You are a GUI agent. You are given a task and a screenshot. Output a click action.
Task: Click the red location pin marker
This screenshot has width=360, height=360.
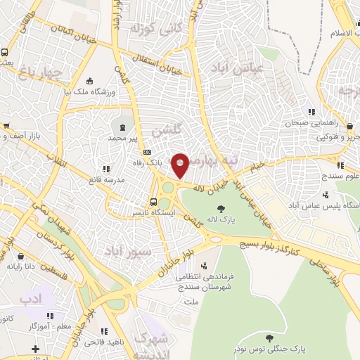[180, 166]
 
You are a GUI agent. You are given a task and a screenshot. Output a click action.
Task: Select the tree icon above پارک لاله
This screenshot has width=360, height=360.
[222, 208]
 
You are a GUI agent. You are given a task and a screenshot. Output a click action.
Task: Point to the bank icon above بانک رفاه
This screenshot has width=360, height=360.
[147, 152]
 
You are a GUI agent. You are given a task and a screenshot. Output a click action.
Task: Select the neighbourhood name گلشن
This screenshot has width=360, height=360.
[167, 130]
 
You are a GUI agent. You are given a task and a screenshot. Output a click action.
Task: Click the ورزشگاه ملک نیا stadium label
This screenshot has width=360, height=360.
[88, 91]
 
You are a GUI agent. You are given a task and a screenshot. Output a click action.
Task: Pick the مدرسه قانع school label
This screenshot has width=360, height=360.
[86, 178]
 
